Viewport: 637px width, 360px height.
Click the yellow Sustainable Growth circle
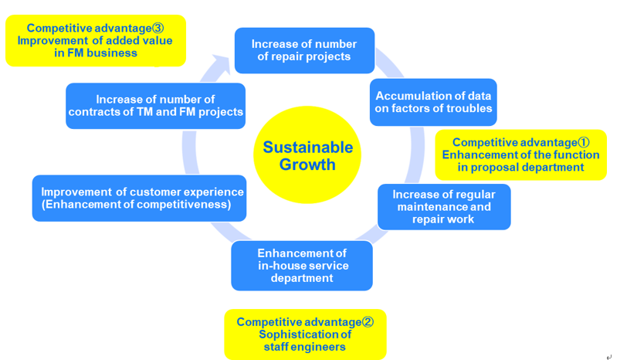click(x=307, y=155)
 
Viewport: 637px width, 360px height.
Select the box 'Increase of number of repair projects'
click(x=305, y=50)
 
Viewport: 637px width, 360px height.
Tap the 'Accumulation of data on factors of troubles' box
click(x=433, y=102)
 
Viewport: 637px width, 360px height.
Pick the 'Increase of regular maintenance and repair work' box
click(x=444, y=207)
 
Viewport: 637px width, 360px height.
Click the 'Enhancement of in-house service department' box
click(x=302, y=266)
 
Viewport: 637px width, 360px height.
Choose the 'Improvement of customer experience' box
click(x=139, y=199)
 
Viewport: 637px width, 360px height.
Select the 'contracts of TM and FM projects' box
click(x=156, y=106)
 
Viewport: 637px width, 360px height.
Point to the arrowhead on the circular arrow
click(x=222, y=64)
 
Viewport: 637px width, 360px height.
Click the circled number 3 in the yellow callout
click(x=158, y=28)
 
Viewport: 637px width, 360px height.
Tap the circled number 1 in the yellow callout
click(x=584, y=142)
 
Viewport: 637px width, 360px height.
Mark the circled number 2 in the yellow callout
click(x=368, y=322)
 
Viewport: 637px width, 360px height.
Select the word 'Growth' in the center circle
click(x=307, y=165)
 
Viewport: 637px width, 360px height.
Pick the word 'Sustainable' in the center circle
click(x=308, y=147)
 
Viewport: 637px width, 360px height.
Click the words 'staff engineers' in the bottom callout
click(x=305, y=347)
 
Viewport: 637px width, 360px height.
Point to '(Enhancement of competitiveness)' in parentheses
click(x=137, y=204)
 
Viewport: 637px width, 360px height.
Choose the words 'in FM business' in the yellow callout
click(x=96, y=53)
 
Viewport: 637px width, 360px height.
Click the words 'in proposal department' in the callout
click(x=521, y=168)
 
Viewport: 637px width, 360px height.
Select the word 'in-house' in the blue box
click(x=281, y=266)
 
